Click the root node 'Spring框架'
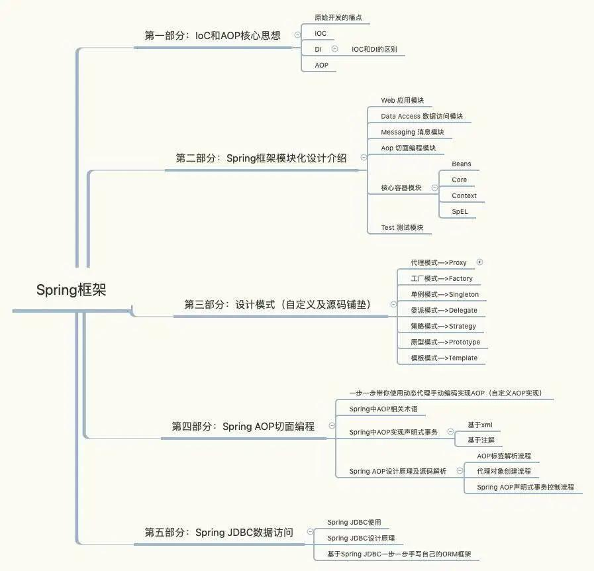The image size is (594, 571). pos(71,289)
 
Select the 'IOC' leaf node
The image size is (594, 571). pos(321,33)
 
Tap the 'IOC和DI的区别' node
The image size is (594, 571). pos(374,49)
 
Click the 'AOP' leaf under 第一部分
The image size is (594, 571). pos(321,65)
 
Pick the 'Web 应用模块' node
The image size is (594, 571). pos(402,100)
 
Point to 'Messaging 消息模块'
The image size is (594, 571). pos(412,132)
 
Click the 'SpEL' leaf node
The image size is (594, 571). pos(460,211)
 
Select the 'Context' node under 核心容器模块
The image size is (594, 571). pos(464,195)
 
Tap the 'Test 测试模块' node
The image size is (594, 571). pos(401,227)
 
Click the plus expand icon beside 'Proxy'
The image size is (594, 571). pos(480,262)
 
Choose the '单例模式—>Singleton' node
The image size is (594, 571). pos(444,294)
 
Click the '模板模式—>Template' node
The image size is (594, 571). pos(444,358)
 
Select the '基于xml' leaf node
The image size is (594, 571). pos(479,425)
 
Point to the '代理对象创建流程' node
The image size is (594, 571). pos(503,471)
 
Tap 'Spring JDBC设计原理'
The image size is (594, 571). pos(361,538)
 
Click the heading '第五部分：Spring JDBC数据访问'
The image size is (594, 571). pos(219,532)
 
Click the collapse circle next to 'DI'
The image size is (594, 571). pos(334,48)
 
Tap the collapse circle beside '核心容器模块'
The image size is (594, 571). pos(434,187)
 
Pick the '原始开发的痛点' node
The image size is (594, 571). pos(338,17)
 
